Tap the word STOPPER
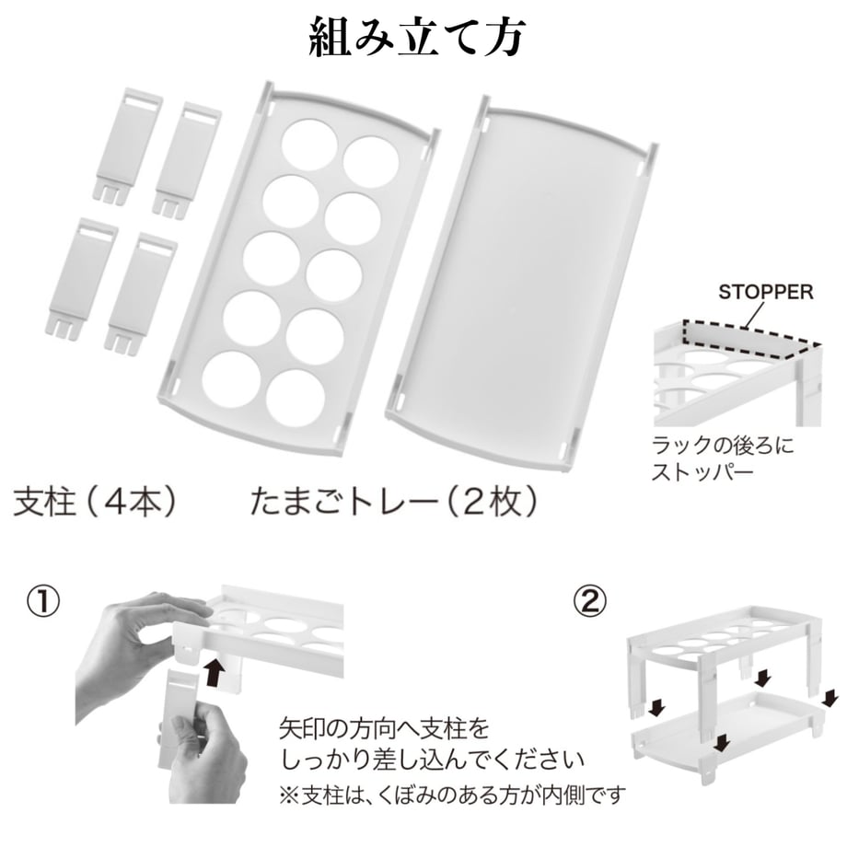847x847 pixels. [765, 292]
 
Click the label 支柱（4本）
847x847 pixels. [95, 502]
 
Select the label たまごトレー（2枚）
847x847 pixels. [393, 502]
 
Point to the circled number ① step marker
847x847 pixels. [44, 602]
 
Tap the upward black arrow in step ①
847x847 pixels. [215, 670]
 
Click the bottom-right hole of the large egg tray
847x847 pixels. [296, 398]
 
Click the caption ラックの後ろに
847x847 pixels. [723, 447]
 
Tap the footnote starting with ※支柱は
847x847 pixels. [452, 795]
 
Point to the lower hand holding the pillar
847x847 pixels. [203, 756]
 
